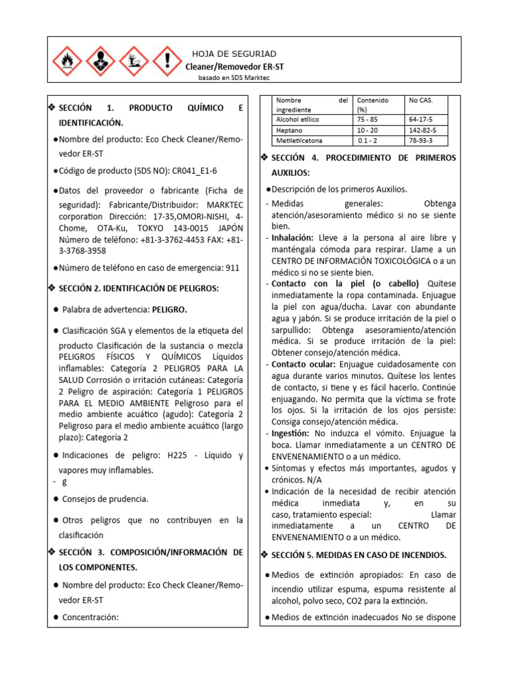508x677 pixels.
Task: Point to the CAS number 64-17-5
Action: click(421, 119)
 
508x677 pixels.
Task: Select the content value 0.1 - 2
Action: click(368, 141)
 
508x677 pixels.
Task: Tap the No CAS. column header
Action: click(421, 100)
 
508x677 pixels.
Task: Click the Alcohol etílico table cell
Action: click(297, 119)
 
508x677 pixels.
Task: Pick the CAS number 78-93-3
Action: click(421, 141)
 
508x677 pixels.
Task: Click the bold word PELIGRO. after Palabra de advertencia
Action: click(169, 309)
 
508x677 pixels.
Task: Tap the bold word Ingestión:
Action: click(291, 433)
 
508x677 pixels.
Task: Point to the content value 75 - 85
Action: click(368, 119)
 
